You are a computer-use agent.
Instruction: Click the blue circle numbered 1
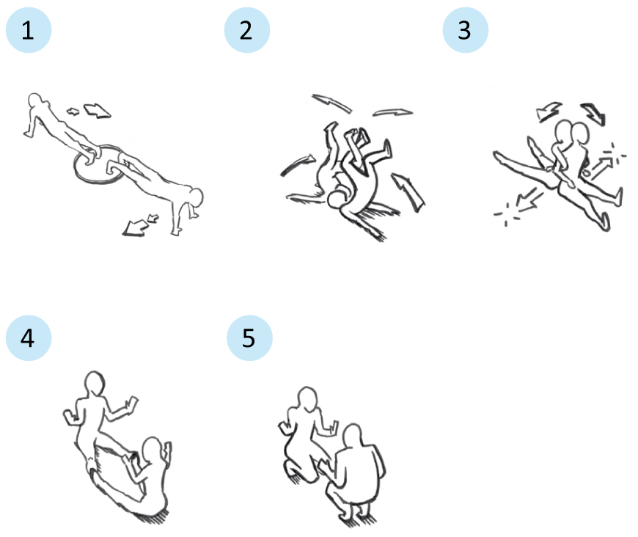click(29, 30)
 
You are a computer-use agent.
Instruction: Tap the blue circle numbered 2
click(247, 30)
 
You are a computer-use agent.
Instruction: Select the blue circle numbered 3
click(466, 30)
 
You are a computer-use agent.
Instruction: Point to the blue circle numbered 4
click(29, 338)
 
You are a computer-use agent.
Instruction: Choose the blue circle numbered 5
click(249, 338)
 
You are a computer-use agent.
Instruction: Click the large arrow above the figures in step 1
click(97, 111)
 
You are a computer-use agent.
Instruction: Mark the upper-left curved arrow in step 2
click(331, 102)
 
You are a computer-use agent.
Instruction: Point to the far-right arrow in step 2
click(408, 191)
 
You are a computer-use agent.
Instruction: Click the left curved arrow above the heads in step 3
click(549, 111)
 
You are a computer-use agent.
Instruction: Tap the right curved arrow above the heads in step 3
click(594, 113)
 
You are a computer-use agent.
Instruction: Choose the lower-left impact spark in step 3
click(506, 214)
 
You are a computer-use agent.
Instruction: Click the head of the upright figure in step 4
click(95, 383)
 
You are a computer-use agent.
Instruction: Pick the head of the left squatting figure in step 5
click(307, 398)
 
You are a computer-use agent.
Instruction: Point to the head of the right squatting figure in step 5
click(352, 436)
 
